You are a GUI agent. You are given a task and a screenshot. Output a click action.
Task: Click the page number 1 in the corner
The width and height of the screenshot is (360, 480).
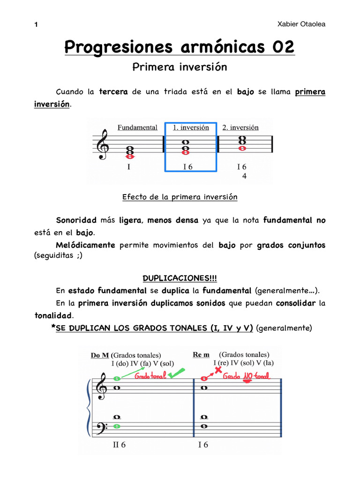tap(36, 25)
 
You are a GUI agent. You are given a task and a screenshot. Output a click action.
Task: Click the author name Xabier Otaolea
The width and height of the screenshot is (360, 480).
tap(301, 24)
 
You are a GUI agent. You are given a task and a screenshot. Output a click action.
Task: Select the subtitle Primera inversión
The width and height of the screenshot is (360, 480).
tap(180, 67)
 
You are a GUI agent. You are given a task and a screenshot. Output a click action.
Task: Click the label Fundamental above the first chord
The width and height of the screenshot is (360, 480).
tap(137, 127)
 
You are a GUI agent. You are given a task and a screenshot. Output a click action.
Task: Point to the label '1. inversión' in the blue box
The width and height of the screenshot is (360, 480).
tap(191, 127)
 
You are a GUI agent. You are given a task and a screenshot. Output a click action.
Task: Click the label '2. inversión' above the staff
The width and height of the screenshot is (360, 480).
tap(240, 127)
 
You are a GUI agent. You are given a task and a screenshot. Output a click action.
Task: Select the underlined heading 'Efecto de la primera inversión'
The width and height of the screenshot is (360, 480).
tap(180, 197)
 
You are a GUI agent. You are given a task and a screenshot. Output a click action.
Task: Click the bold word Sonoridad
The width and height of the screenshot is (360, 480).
tap(76, 220)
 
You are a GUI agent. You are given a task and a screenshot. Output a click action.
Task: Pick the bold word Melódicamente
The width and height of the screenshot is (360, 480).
tap(85, 245)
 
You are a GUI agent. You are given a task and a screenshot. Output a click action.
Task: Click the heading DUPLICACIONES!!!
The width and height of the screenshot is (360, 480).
tap(180, 279)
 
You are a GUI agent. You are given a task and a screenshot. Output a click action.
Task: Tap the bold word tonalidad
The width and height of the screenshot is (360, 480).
tap(53, 316)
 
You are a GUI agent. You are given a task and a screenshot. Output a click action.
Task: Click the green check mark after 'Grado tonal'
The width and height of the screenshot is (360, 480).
tap(177, 374)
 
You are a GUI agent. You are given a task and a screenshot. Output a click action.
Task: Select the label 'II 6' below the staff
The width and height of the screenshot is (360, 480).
tap(119, 445)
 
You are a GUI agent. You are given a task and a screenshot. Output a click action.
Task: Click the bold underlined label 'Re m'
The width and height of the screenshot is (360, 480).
tap(201, 355)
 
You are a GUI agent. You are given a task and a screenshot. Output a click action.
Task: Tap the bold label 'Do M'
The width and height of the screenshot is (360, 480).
tap(100, 355)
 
